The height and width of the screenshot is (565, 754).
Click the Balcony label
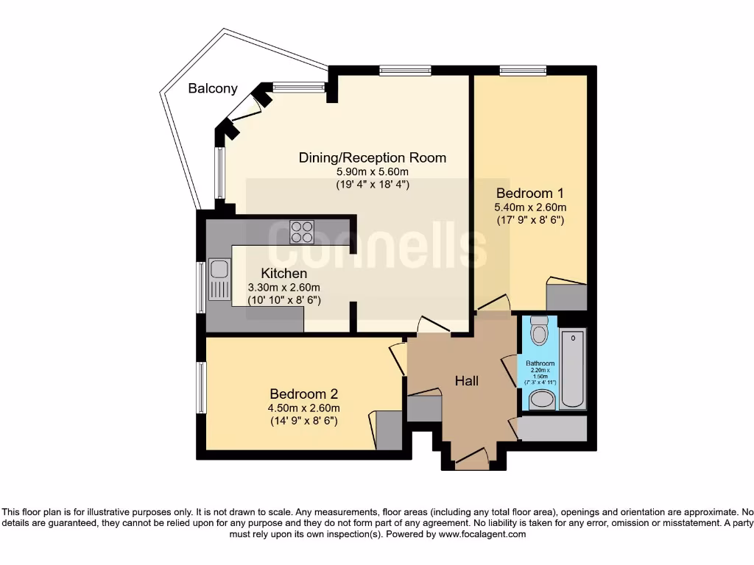pos(213,88)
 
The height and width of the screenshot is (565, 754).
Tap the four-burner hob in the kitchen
pos(302,232)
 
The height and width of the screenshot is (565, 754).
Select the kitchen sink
pos(219,280)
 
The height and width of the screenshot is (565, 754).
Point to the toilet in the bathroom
pos(540,332)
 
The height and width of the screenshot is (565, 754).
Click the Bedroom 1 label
pos(529,193)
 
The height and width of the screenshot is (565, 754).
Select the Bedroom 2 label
pos(304,394)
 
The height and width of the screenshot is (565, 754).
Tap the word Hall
pos(466,380)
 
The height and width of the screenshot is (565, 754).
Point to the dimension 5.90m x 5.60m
pos(372,171)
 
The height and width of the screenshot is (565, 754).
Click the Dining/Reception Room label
pos(372,157)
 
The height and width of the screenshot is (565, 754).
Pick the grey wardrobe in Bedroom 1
pos(566,296)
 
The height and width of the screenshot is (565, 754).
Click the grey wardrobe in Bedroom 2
pos(389,430)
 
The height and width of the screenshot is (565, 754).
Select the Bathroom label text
pos(540,363)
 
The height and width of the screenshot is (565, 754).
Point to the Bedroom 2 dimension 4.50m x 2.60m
pos(304,408)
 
